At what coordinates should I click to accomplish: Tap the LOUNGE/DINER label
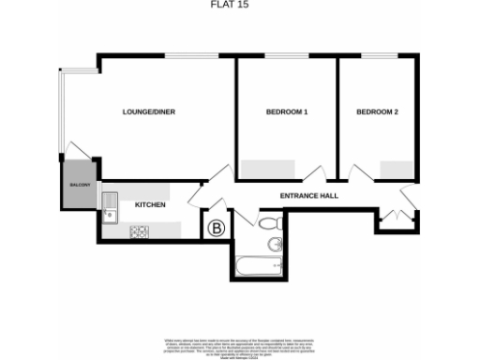pyautogui.click(x=149, y=112)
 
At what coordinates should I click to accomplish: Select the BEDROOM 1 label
pyautogui.click(x=287, y=112)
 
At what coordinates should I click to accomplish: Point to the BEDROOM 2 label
pyautogui.click(x=377, y=112)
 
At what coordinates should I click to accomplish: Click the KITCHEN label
pyautogui.click(x=151, y=204)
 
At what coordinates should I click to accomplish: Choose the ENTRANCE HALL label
pyautogui.click(x=308, y=196)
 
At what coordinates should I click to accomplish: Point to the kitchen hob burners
pyautogui.click(x=142, y=230)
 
